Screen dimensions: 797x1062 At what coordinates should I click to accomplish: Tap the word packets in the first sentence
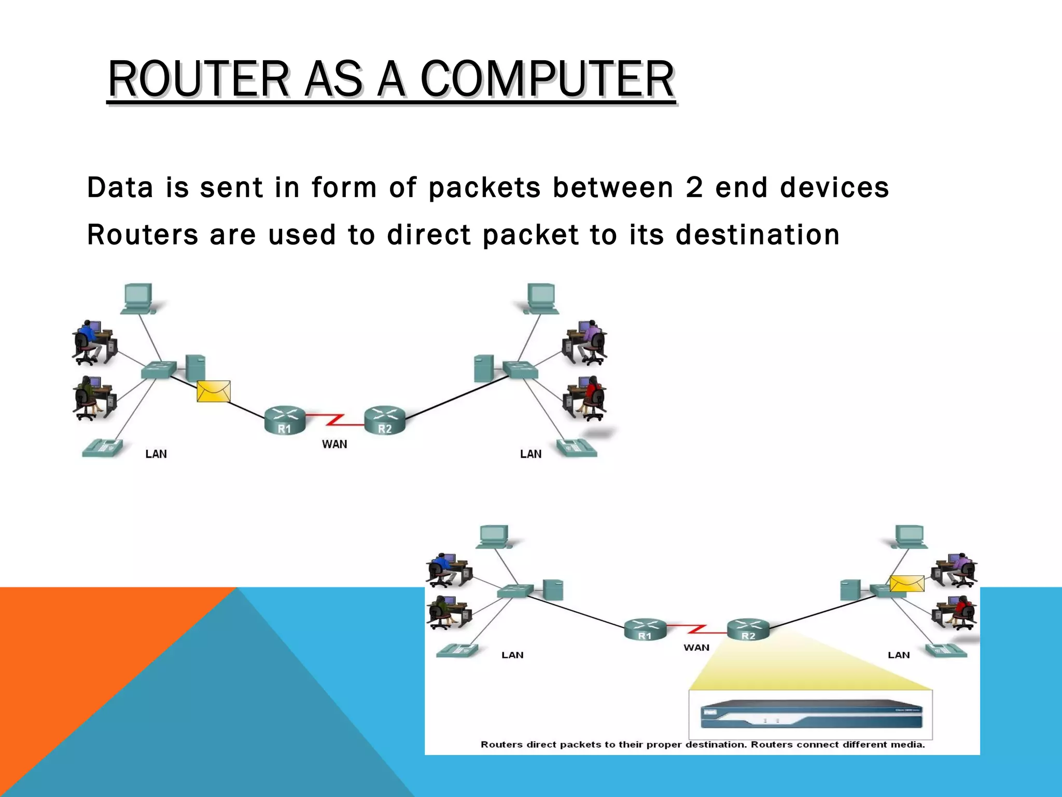pos(484,187)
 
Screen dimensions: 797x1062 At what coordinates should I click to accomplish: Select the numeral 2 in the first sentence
pos(694,187)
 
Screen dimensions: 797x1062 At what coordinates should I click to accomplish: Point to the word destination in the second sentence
pos(758,235)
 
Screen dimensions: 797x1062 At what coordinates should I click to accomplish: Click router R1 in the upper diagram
pos(285,420)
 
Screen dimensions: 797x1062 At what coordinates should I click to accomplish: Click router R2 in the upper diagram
pos(384,420)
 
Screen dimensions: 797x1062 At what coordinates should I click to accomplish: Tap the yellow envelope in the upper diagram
pos(214,391)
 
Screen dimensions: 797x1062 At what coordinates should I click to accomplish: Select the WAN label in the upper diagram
pos(334,444)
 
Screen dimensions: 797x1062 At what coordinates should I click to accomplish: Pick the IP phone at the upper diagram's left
pos(103,447)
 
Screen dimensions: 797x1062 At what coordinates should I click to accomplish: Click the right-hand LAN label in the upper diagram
pos(530,454)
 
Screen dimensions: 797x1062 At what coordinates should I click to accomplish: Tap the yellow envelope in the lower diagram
pos(907,584)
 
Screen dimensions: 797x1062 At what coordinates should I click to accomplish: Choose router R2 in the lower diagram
pos(748,629)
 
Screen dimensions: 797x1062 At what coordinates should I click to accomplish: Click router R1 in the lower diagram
pos(645,629)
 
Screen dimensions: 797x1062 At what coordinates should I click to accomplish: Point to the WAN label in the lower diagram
pos(696,648)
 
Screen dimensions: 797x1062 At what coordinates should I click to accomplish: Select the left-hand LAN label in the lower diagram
pos(512,655)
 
